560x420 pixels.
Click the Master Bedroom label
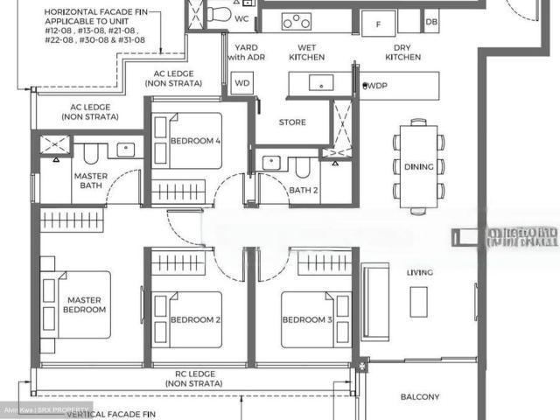point(86,304)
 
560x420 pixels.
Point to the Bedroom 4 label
point(194,141)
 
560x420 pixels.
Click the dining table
point(418,165)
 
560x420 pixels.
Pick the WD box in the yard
point(242,83)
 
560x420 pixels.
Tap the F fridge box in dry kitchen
point(378,24)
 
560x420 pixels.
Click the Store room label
point(292,122)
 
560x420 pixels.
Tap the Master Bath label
point(91,181)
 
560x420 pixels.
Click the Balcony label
point(420,397)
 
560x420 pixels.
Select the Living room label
point(419,273)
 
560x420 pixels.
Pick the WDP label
point(377,85)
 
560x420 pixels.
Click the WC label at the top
point(241,18)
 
